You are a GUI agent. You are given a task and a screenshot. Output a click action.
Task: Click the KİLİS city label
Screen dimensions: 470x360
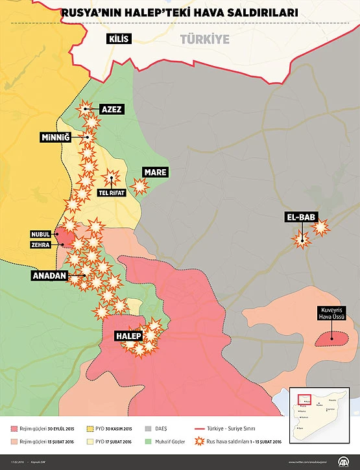120,39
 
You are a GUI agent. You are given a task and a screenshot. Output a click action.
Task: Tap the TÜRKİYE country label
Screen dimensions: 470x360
205,40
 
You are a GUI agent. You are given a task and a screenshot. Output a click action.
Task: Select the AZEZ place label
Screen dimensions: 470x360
112,110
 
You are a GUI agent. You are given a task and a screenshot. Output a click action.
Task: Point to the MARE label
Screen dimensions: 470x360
156,172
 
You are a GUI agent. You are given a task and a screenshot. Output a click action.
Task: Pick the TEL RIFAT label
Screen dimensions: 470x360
112,193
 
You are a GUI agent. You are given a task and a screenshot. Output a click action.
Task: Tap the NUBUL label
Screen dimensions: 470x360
40,234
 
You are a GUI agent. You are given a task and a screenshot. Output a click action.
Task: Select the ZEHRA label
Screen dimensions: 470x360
40,245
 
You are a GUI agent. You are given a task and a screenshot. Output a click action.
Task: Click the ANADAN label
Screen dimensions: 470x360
49,276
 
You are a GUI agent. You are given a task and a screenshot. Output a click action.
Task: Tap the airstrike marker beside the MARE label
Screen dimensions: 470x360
139,186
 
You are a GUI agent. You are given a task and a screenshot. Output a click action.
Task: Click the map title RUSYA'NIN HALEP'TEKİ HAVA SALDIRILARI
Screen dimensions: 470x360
180,12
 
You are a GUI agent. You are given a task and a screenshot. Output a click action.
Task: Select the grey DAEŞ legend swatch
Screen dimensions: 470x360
147,429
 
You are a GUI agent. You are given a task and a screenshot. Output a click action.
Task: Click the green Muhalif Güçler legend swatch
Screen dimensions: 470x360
147,442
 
